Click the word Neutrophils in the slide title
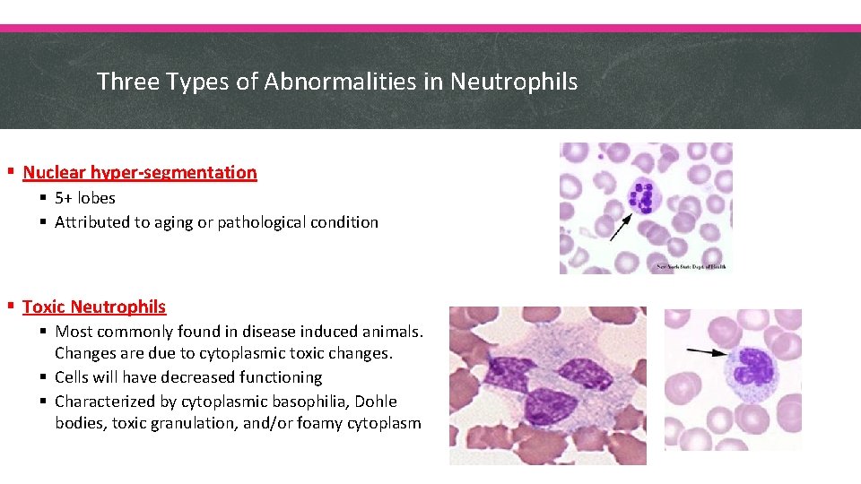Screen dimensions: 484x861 coord(514,82)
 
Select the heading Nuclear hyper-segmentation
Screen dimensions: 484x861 coord(139,172)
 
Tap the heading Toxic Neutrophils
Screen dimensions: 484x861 coord(94,307)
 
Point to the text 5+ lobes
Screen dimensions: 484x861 coord(84,198)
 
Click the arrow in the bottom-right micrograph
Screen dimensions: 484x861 coord(710,353)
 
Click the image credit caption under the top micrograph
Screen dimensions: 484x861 coord(691,267)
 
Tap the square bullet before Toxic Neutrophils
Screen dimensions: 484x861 coord(10,307)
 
